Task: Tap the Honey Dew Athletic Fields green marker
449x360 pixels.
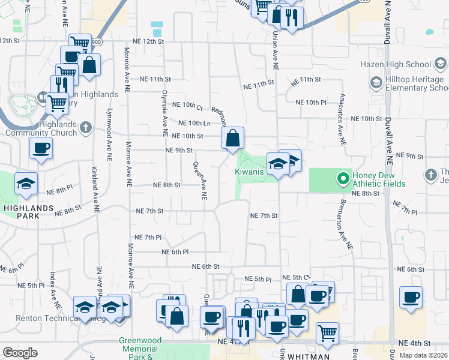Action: tap(343, 178)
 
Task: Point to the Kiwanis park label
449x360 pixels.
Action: tap(249, 172)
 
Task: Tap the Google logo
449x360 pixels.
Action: tap(20, 353)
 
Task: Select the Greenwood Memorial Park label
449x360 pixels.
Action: tap(139, 348)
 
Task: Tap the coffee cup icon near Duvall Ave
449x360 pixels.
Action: tap(411, 296)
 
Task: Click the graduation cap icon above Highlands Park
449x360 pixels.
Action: tap(26, 183)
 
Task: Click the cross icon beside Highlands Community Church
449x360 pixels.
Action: tap(86, 127)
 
